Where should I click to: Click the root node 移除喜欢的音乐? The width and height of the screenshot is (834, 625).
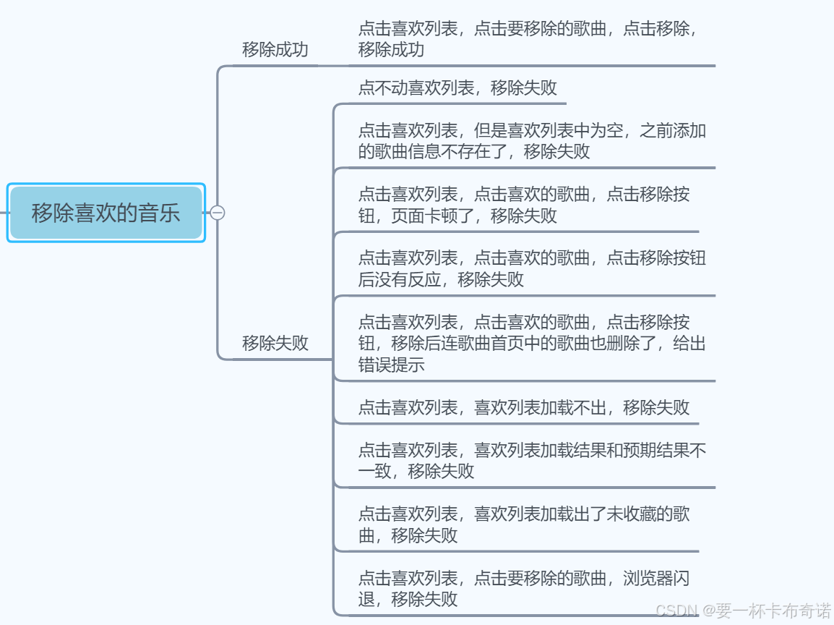106,213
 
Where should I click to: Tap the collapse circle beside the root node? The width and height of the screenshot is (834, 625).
218,213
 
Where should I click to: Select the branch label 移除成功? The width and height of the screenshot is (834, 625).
275,49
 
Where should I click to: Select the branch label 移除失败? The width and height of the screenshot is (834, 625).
275,343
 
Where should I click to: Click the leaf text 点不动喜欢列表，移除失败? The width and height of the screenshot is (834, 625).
457,88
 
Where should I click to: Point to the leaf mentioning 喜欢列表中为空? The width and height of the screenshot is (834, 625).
532,141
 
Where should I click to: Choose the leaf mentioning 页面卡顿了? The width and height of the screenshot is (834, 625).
524,205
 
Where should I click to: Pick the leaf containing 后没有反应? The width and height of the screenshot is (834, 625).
532,268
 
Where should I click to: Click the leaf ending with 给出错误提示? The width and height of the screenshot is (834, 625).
532,343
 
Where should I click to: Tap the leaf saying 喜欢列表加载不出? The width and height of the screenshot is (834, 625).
524,407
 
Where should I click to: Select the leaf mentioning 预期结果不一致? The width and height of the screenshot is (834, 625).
532,461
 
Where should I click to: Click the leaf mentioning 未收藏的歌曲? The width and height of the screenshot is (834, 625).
524,524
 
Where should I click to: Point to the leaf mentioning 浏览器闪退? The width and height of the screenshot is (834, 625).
524,588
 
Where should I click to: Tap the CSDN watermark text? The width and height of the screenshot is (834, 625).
744,611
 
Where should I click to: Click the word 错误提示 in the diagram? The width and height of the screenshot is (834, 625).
391,365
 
